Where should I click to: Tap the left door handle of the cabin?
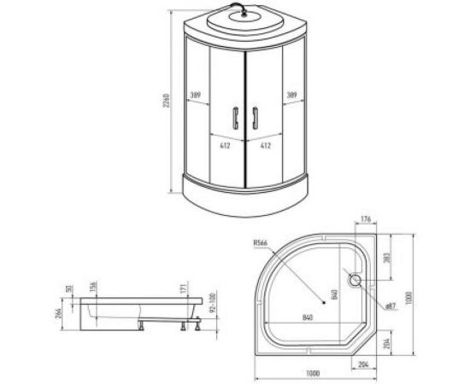pyautogui.click(x=234, y=117)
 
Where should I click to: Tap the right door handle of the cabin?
pyautogui.click(x=254, y=117)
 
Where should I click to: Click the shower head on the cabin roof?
pyautogui.click(x=244, y=12)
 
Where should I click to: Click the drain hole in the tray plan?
pyautogui.click(x=355, y=278)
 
